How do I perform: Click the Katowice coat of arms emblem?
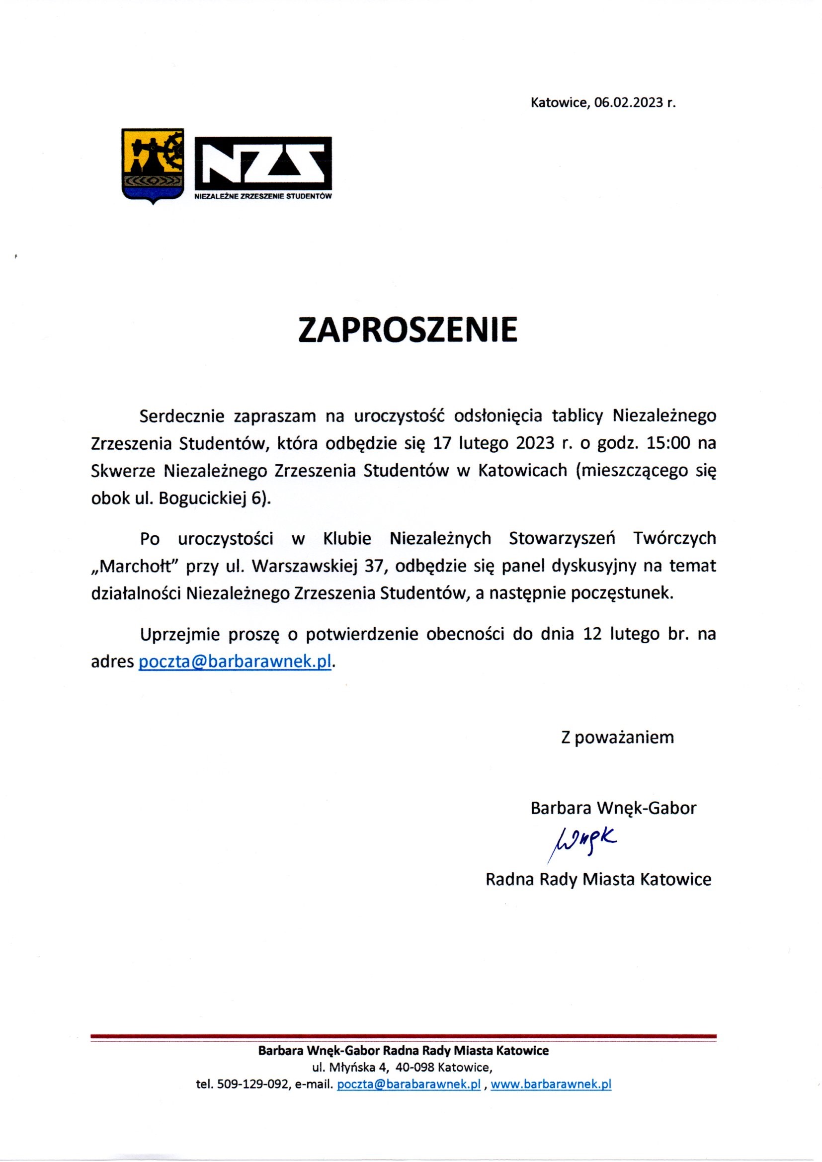(153, 166)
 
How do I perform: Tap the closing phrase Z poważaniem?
(618, 738)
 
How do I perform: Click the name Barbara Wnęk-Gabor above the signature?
(613, 808)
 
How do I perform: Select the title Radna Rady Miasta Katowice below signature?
(598, 879)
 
